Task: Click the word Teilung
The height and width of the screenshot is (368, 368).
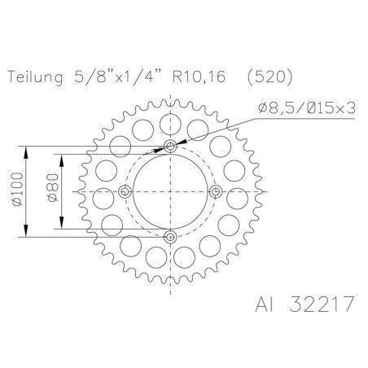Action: coord(35,78)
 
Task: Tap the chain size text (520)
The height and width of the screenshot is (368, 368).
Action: coord(270,77)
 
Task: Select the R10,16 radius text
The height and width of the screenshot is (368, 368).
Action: coord(199,77)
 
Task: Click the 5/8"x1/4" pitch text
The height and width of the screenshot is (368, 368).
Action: coord(117,77)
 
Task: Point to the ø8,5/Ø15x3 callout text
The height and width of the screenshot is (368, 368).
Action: coord(307,108)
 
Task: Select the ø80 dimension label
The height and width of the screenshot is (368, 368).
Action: coord(53,188)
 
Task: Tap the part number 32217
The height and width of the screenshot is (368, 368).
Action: coord(322,304)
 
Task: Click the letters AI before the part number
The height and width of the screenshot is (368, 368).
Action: coord(265,304)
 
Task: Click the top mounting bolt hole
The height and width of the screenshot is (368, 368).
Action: coord(170,147)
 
